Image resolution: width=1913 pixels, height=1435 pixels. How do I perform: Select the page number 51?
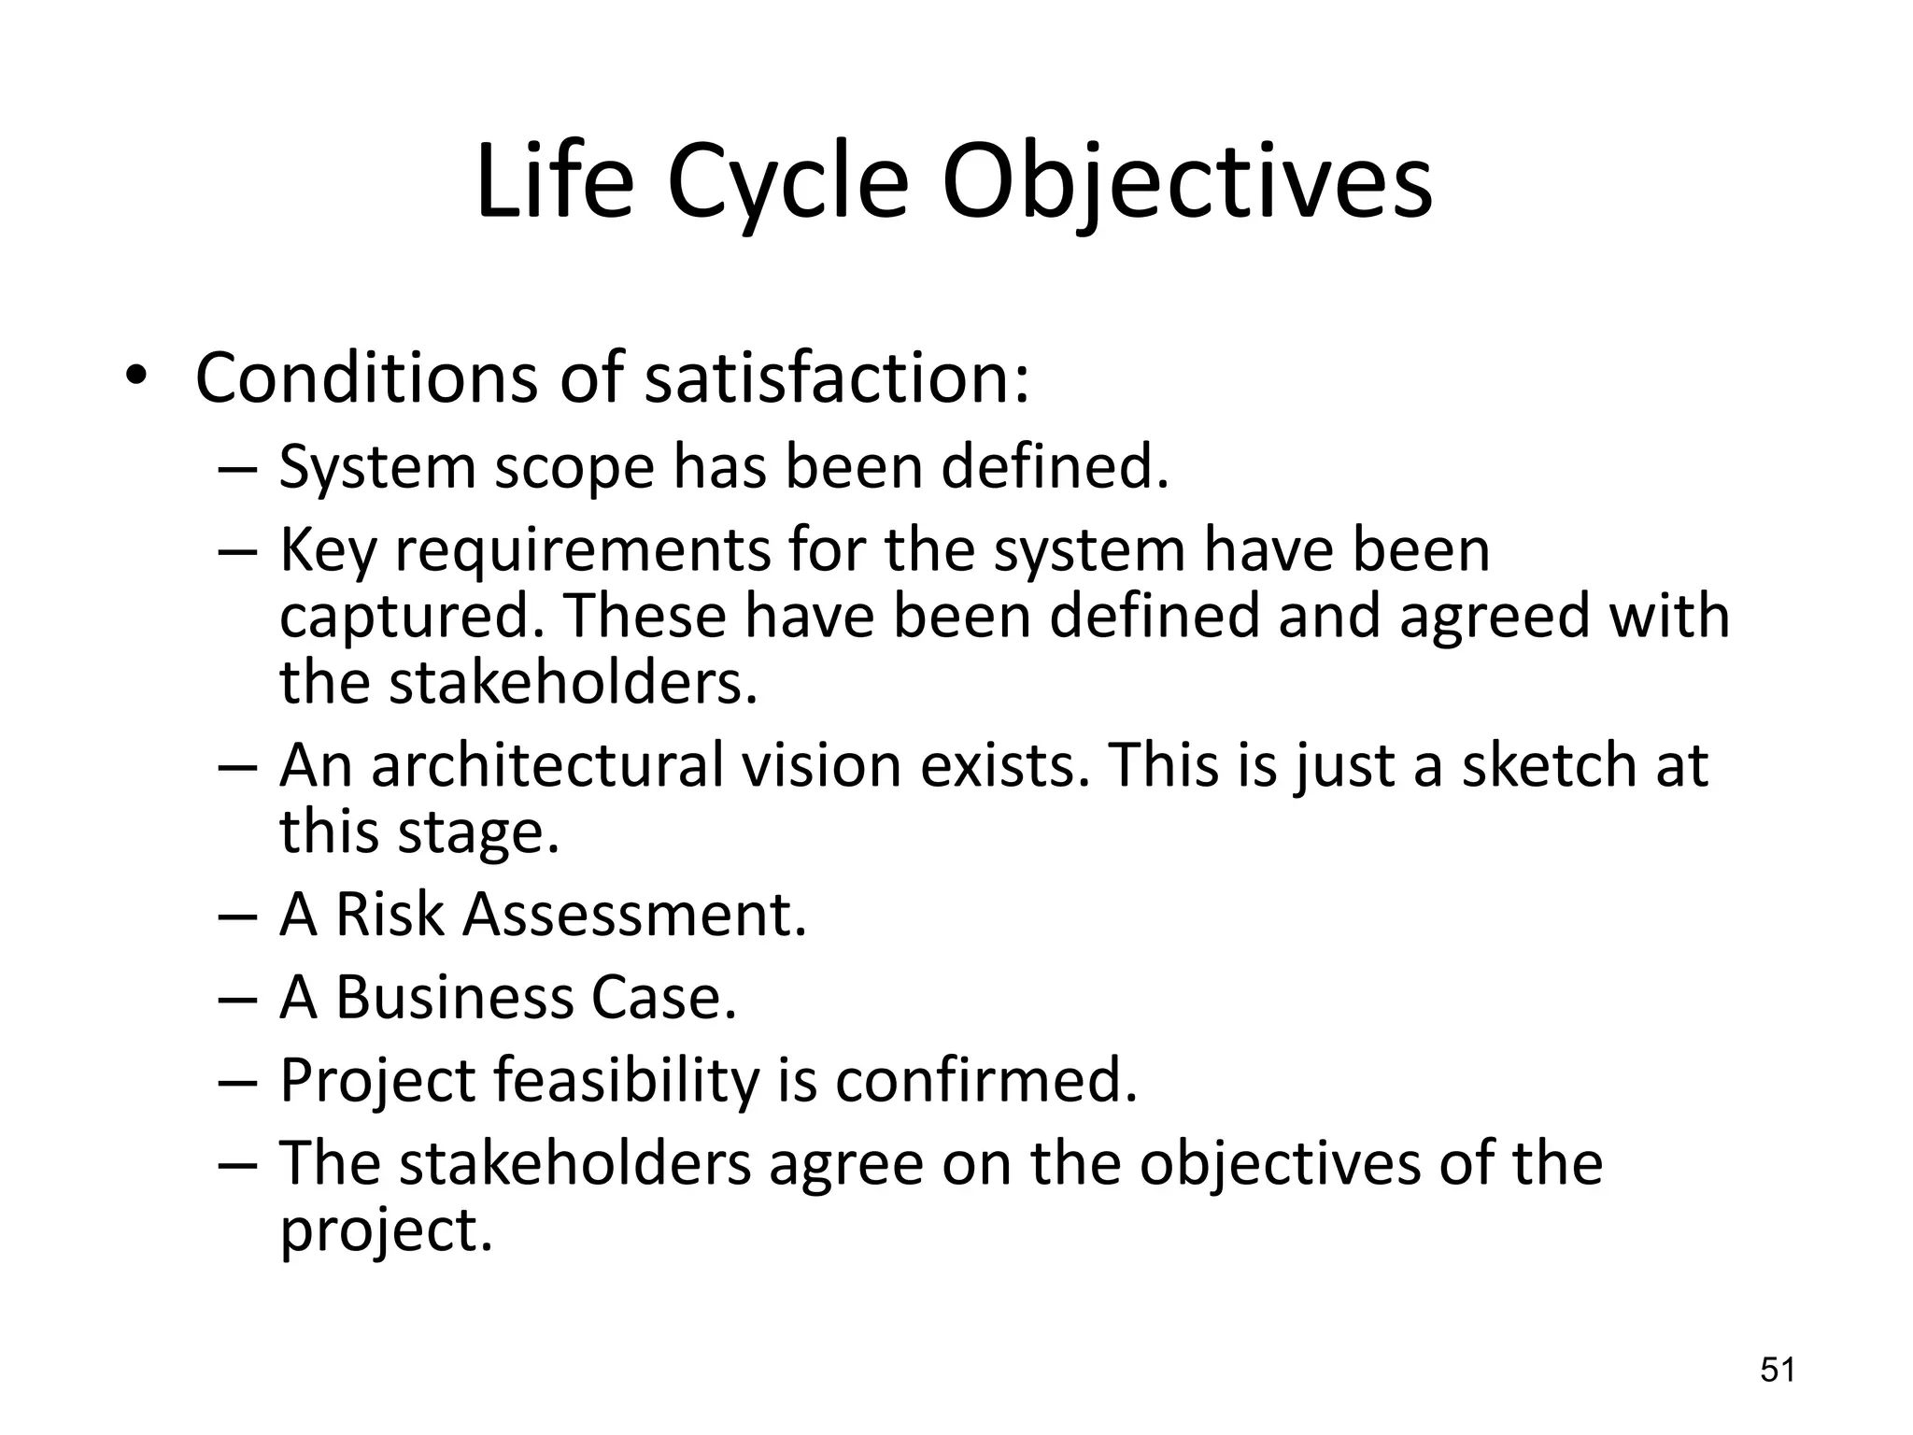1778,1371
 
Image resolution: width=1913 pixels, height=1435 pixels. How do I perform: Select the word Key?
328,551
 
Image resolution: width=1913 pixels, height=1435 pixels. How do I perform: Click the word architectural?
547,766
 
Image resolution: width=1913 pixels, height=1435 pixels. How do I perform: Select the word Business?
453,997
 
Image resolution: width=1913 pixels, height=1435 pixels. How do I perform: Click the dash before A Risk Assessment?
236,916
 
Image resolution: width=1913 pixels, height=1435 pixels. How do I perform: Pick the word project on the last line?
385,1231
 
